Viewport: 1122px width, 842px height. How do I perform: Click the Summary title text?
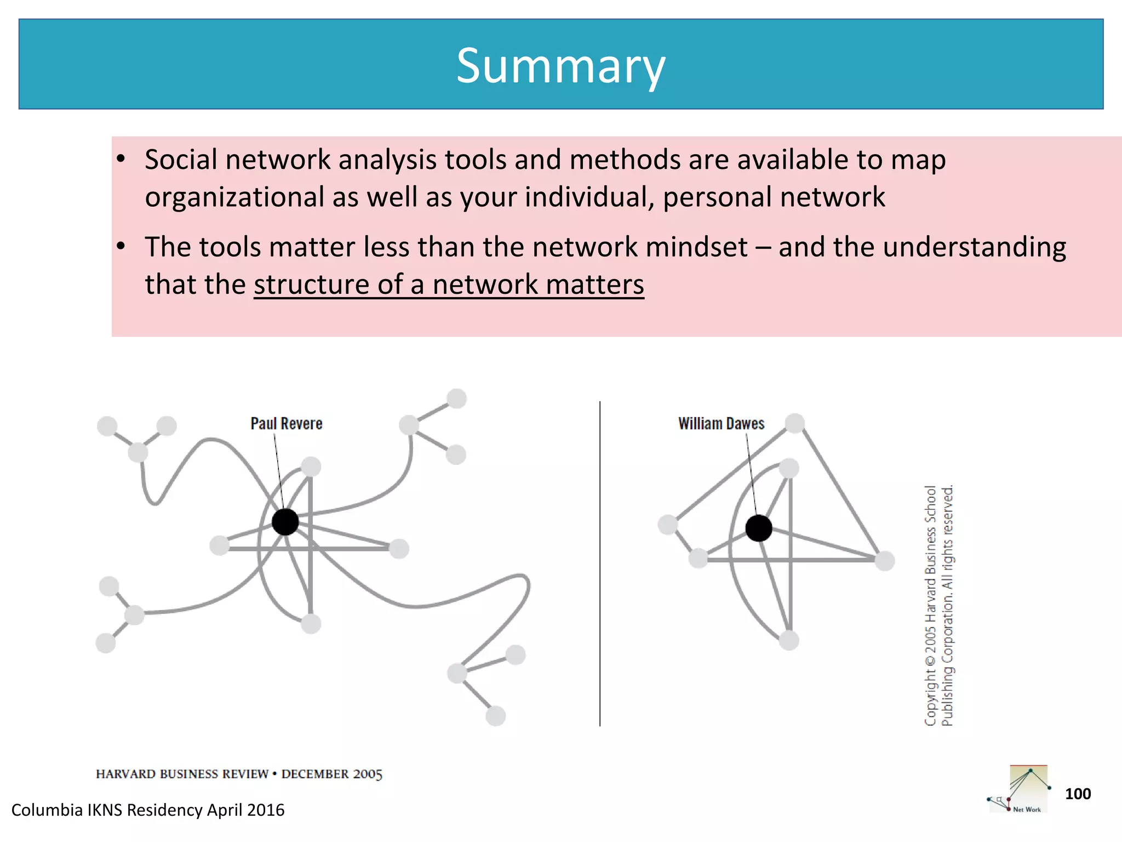pyautogui.click(x=560, y=66)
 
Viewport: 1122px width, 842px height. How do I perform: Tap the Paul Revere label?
pyautogui.click(x=286, y=423)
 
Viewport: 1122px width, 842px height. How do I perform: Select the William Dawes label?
pyautogui.click(x=721, y=423)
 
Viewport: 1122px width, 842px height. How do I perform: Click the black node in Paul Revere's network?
pyautogui.click(x=285, y=521)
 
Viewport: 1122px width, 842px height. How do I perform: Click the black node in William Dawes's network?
pyautogui.click(x=759, y=528)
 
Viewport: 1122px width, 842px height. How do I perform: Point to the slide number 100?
pyautogui.click(x=1078, y=794)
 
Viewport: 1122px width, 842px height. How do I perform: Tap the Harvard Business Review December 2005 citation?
pyautogui.click(x=239, y=774)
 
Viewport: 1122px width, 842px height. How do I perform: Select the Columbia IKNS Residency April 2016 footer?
pyautogui.click(x=148, y=810)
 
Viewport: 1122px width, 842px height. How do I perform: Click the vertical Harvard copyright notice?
pyautogui.click(x=939, y=605)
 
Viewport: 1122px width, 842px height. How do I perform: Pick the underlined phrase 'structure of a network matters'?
pyautogui.click(x=449, y=285)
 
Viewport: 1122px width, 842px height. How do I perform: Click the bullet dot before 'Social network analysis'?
pyautogui.click(x=121, y=160)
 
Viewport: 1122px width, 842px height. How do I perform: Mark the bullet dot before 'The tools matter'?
pyautogui.click(x=121, y=247)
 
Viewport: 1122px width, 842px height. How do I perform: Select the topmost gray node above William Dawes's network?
pyautogui.click(x=795, y=423)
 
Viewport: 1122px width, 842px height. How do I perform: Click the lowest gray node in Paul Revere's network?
pyautogui.click(x=495, y=716)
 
